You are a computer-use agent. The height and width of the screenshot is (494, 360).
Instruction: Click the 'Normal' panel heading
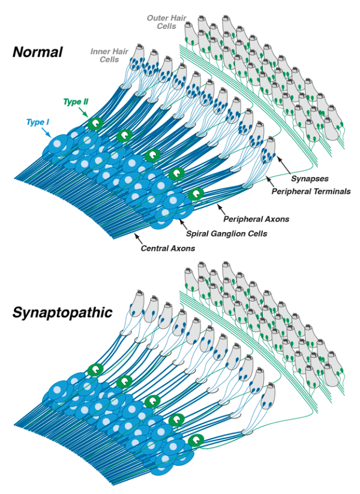[x=37, y=52]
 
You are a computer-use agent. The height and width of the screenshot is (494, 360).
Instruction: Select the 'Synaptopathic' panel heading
[x=62, y=312]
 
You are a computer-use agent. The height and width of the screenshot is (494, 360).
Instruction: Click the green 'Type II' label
[x=76, y=103]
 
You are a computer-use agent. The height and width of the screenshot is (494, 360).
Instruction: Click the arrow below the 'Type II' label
[x=87, y=115]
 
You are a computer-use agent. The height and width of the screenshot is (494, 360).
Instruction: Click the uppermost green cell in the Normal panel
[x=95, y=123]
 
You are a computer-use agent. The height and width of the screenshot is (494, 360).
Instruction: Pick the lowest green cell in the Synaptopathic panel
[x=195, y=442]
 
